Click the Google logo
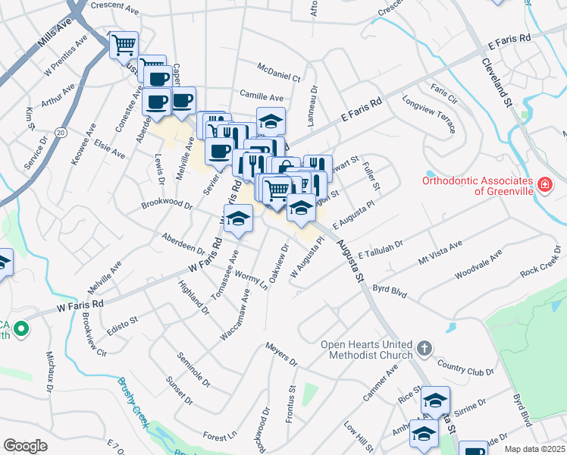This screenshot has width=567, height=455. (25, 446)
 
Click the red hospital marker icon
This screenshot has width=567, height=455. (544, 184)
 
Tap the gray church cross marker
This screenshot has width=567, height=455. (424, 349)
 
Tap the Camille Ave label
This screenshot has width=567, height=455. (261, 97)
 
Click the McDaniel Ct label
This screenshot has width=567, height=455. (279, 72)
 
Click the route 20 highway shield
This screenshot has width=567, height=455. (60, 132)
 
